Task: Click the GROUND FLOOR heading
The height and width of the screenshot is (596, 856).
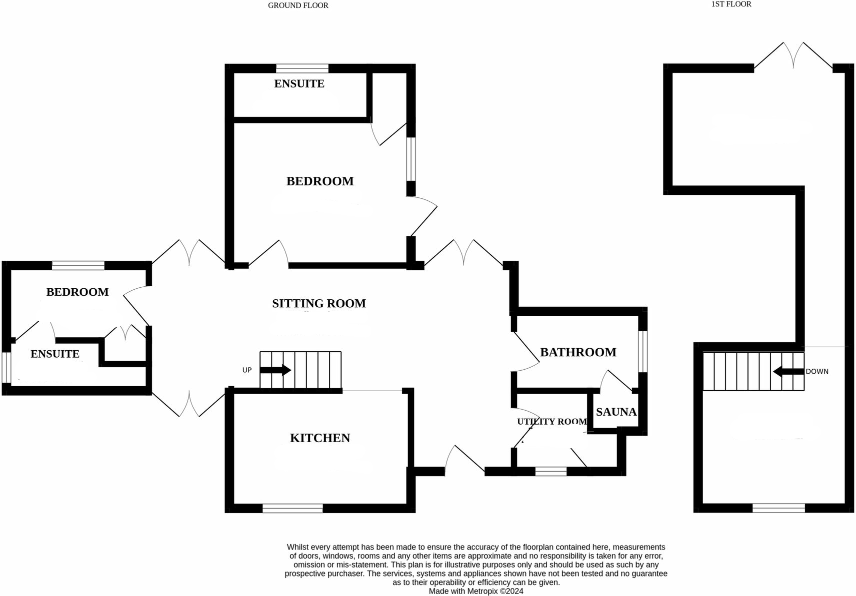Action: tap(298, 5)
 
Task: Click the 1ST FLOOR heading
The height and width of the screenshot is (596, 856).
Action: tap(731, 4)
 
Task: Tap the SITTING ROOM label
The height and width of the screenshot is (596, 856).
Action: tap(319, 303)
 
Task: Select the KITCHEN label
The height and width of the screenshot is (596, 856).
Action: tap(320, 438)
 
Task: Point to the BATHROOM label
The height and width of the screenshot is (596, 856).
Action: tap(578, 352)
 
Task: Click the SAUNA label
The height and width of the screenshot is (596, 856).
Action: tap(616, 412)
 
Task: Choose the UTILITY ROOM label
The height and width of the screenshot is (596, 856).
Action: tap(552, 422)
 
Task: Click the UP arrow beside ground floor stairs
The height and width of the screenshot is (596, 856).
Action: tap(275, 370)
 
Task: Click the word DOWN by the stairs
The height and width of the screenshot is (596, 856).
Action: tap(817, 372)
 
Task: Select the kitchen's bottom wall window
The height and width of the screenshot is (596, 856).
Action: tap(292, 508)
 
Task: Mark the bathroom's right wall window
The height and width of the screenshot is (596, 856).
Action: tap(643, 351)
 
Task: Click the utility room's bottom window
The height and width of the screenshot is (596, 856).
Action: tap(551, 471)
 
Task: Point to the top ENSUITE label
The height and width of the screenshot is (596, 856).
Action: tap(299, 84)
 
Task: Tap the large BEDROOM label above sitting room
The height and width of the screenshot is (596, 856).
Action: tap(320, 181)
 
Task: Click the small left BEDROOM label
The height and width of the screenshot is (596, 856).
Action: tap(77, 292)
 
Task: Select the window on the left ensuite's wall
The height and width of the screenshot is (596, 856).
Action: tap(6, 368)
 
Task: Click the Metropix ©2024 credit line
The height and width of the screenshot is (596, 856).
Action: tap(476, 591)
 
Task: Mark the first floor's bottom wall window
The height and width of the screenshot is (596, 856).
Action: tap(778, 508)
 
